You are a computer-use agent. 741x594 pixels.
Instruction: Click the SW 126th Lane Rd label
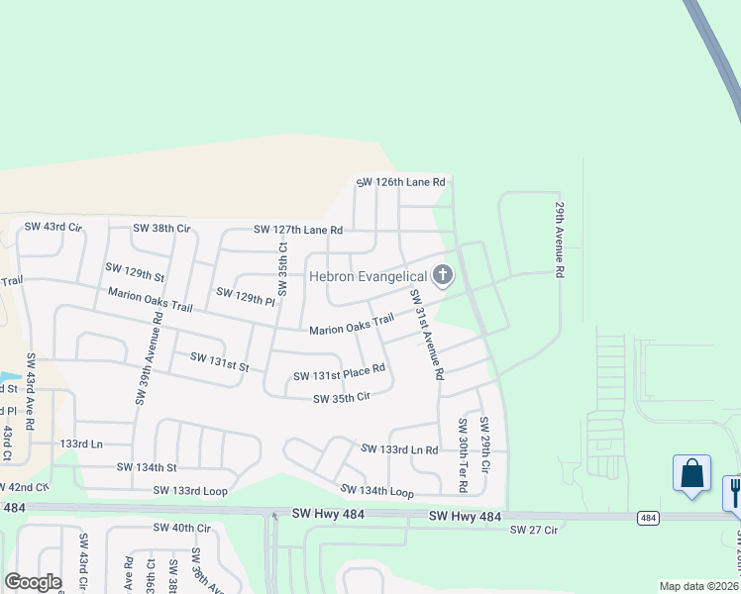coord(400,182)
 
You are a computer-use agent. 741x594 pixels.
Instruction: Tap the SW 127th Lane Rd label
coord(298,230)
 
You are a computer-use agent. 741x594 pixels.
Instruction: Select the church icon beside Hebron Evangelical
coord(442,275)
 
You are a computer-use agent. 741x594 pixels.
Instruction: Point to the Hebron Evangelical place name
coord(368,276)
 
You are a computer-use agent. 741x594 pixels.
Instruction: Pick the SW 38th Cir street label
coord(161,229)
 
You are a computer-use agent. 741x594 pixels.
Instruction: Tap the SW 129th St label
coord(134,272)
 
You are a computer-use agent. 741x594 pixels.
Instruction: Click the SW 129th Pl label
coord(244,295)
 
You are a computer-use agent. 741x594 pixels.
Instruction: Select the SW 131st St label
coord(219,361)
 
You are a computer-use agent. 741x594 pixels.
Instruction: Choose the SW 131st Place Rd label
coord(339,376)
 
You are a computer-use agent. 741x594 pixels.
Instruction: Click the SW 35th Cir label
coord(341,398)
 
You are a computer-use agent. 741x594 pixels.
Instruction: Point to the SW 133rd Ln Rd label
coord(399,449)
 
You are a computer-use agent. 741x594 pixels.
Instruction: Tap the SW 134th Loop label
coord(376,491)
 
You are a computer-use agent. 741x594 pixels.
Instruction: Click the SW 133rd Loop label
coord(190,491)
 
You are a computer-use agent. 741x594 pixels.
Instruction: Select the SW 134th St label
coord(146,467)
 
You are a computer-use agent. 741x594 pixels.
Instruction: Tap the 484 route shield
coord(648,518)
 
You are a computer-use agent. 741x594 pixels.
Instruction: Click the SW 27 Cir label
coord(534,531)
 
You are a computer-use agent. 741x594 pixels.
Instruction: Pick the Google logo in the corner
coord(34,582)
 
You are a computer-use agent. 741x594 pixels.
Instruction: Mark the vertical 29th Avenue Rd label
coord(560,241)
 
